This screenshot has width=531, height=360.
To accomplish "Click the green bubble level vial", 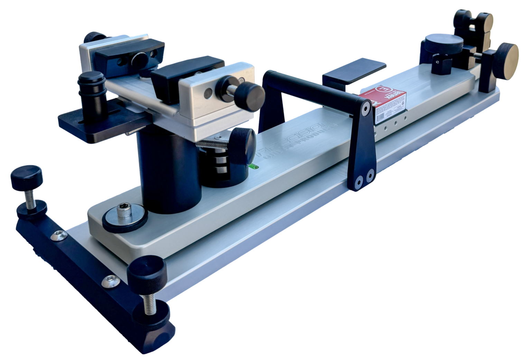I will tap(253, 167).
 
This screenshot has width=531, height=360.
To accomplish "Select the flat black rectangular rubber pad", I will tap(354, 72).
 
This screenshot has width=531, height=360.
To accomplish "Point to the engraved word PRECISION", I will tap(298, 138).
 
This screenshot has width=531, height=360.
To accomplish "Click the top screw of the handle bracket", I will tap(365, 109).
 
